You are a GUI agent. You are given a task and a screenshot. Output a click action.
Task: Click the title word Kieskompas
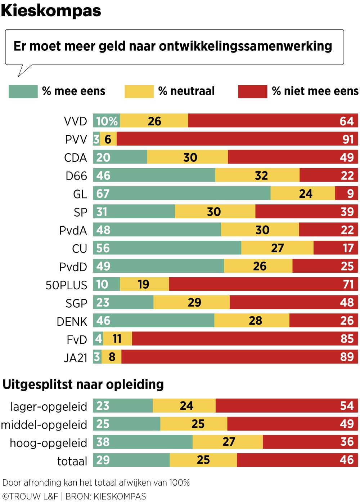(51, 11)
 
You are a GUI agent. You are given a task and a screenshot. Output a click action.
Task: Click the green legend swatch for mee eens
(23, 92)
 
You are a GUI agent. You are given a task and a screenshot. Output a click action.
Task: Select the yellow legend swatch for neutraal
(139, 92)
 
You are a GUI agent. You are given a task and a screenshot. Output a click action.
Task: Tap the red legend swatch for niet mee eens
(252, 92)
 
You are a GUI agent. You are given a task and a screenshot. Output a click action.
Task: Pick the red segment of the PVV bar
(230, 139)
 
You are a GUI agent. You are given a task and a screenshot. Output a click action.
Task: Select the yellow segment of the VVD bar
(154, 121)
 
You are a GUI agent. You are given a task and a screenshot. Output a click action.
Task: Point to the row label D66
(76, 176)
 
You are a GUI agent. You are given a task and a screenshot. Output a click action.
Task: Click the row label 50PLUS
(66, 285)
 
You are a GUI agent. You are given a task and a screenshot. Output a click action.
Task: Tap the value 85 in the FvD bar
(347, 339)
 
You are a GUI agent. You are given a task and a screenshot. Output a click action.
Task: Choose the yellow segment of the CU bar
(277, 248)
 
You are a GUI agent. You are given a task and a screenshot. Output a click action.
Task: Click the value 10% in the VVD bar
(107, 121)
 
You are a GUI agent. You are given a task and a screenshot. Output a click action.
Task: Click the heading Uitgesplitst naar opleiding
(83, 384)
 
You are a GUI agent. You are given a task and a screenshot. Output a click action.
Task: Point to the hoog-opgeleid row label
(48, 443)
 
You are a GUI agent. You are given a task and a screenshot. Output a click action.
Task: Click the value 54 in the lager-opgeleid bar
(347, 406)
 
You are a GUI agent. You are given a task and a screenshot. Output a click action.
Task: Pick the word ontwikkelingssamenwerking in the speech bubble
(245, 46)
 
